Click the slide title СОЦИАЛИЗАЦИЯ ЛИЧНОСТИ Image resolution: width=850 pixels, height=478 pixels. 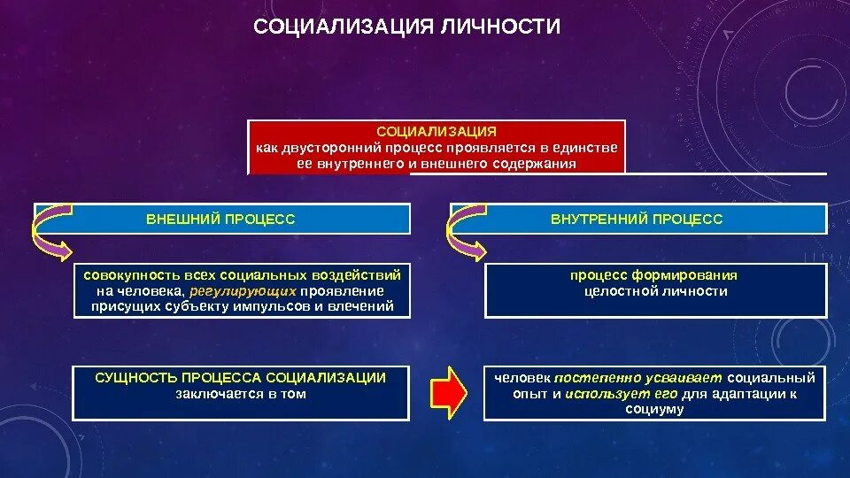coord(406,27)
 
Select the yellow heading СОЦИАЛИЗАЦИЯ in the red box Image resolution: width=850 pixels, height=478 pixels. coord(437,131)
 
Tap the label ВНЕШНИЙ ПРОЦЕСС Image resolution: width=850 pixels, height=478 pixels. coord(220,219)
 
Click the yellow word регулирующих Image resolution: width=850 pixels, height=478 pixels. coord(243,290)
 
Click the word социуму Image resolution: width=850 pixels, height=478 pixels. coord(654,409)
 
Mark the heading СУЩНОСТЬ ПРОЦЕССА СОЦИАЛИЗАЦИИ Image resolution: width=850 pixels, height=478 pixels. coord(241,378)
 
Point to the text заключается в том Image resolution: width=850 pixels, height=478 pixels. coord(241,394)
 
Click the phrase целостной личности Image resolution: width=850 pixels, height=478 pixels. coord(655,290)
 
